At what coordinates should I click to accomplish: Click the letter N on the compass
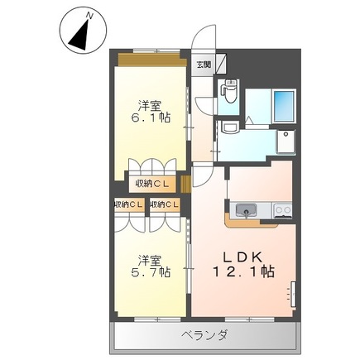[x=89, y=16]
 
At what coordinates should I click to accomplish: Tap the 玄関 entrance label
[x=204, y=65]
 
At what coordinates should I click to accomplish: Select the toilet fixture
[x=228, y=90]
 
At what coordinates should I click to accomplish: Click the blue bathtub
[x=283, y=106]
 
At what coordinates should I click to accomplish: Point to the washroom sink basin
[x=231, y=127]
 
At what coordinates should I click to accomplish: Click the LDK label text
[x=242, y=257]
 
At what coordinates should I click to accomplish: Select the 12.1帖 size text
[x=243, y=271]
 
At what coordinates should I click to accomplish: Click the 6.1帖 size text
[x=151, y=118]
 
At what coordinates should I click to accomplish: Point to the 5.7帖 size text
[x=151, y=273]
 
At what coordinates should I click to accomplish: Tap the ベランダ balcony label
[x=204, y=336]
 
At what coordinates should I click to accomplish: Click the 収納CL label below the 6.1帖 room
[x=152, y=184]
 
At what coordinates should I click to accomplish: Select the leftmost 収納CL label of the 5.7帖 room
[x=128, y=204]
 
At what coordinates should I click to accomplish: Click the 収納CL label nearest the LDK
[x=165, y=204]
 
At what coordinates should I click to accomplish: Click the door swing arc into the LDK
[x=204, y=176]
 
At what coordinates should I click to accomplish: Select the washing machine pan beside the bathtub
[x=286, y=142]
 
